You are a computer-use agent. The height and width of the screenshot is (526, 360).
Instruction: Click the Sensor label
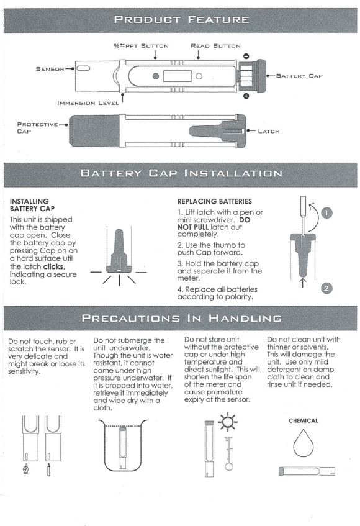point(50,69)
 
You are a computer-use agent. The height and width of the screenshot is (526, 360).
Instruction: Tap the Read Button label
point(215,45)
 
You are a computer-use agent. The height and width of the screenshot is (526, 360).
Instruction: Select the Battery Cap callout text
point(299,76)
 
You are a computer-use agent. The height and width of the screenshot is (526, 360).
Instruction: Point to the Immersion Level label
point(88,103)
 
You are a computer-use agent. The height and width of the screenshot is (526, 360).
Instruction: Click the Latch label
point(269,131)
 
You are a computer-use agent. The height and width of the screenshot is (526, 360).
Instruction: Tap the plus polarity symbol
point(246,96)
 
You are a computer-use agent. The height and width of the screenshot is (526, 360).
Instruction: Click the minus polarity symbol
point(246,56)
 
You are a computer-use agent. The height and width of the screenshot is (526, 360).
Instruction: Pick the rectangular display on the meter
point(177,76)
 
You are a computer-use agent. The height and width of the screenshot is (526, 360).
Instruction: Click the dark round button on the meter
point(156,76)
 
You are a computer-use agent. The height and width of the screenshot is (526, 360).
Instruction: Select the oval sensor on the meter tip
point(83,68)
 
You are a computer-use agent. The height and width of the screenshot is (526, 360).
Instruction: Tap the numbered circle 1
point(327,212)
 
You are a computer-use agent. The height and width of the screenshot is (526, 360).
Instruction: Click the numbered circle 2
point(327,289)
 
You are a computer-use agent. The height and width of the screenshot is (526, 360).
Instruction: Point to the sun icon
point(228,422)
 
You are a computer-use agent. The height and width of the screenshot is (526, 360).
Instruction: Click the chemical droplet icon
point(304,443)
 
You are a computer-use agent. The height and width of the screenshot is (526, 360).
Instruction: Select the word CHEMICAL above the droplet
point(303,420)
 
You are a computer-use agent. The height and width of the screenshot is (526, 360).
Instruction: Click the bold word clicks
point(53,266)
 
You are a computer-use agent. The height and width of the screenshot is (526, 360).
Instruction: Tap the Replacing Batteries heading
point(215,201)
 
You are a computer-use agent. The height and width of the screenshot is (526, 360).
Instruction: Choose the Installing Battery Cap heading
point(32,205)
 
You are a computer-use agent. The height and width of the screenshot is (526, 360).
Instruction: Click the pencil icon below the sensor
point(48,470)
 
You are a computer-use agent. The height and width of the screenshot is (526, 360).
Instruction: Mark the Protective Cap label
point(37,128)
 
